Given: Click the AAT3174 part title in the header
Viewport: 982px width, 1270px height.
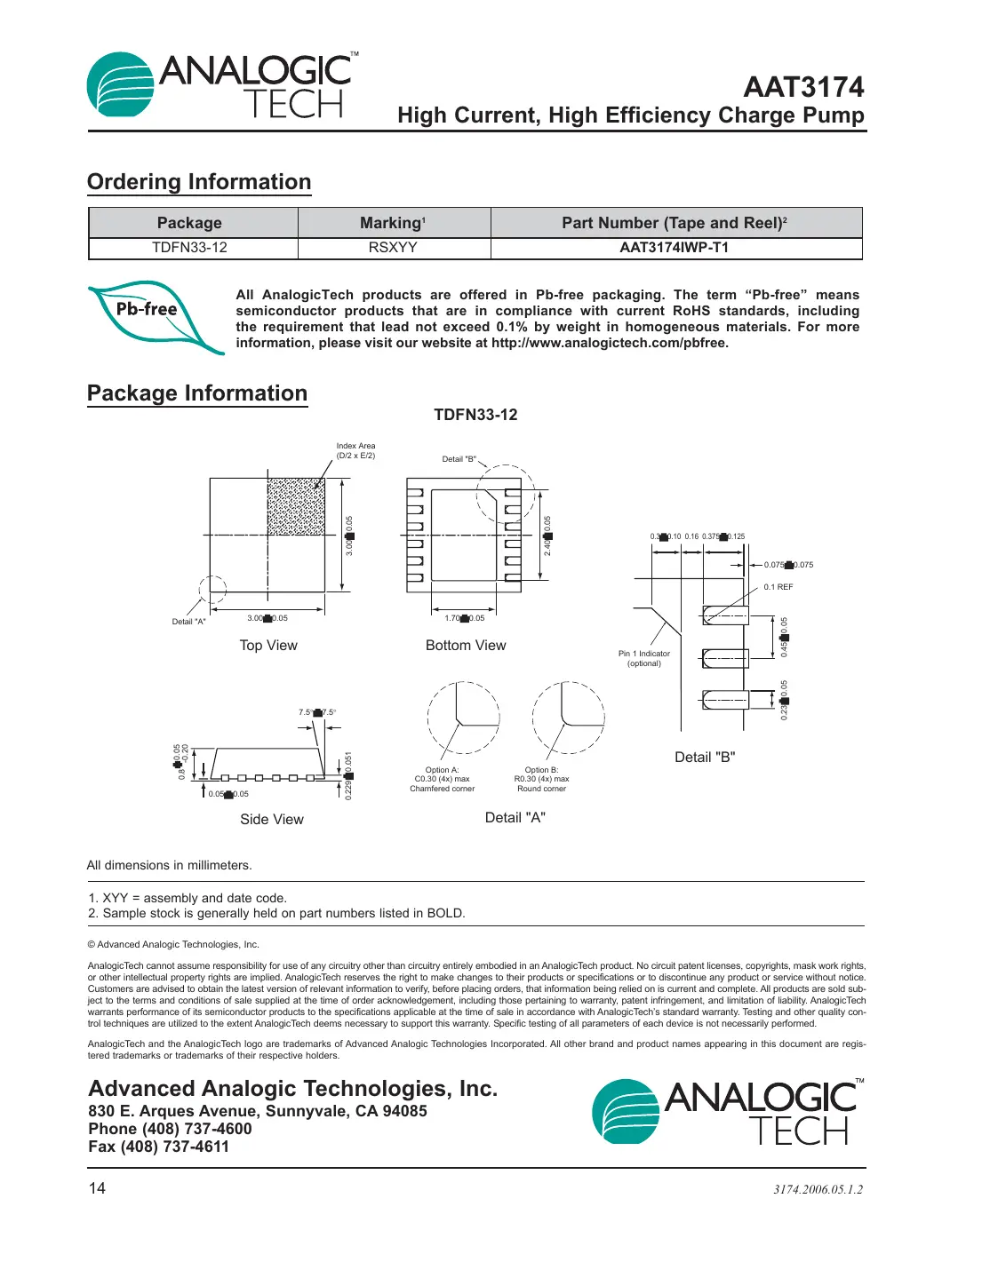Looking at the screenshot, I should tap(803, 87).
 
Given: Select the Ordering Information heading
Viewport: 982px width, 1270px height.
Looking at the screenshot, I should tap(199, 182).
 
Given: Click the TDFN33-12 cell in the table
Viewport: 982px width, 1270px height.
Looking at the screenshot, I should tap(189, 248).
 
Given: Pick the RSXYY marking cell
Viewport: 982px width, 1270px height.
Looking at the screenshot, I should tap(393, 248).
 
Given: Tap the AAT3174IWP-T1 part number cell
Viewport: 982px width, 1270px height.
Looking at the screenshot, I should tap(674, 248).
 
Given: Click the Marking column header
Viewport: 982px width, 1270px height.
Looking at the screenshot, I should tap(393, 223).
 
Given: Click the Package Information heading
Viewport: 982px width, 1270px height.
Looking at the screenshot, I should tap(197, 393).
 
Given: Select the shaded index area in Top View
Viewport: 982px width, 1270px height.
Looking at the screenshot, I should tap(296, 506).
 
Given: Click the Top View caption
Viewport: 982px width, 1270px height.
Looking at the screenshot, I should tap(268, 646).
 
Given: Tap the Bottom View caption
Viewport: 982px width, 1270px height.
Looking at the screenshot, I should tap(466, 646).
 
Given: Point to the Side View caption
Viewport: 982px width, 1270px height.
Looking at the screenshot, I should tap(272, 820).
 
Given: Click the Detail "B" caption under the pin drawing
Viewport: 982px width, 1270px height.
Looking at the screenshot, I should tap(705, 758).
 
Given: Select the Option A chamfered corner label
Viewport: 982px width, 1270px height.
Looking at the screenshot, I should tap(442, 780).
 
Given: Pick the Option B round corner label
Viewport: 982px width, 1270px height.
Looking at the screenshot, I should tap(541, 780).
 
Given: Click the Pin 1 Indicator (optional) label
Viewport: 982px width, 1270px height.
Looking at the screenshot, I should tap(644, 658).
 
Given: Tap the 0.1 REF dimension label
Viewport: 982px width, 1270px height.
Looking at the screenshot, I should tap(778, 587).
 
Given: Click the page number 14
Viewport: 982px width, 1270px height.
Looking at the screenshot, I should tap(97, 1188).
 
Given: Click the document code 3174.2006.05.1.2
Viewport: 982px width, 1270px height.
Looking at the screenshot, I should tap(818, 1189).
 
